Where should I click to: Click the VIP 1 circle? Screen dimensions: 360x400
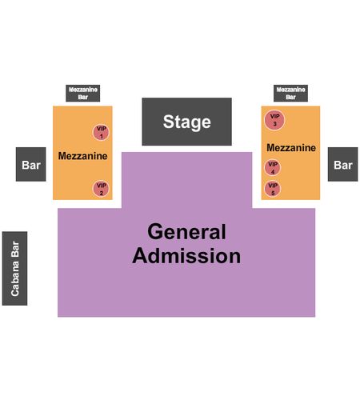click(101, 132)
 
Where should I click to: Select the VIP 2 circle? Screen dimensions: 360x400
click(101, 189)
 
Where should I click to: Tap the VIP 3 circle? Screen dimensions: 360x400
click(274, 120)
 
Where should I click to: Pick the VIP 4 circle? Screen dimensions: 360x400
click(273, 168)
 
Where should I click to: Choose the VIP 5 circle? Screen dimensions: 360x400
click(273, 189)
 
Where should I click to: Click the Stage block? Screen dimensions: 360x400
click(186, 122)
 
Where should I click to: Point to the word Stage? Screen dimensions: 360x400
click(187, 122)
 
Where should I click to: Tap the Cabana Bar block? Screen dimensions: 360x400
click(14, 268)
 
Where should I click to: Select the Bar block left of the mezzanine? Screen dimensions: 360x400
click(31, 164)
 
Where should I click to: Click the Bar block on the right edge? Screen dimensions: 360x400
click(343, 164)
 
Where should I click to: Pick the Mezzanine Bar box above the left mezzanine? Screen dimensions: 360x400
click(83, 94)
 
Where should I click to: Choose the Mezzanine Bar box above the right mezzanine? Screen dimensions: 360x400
click(290, 94)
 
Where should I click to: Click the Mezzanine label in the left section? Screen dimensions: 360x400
click(83, 156)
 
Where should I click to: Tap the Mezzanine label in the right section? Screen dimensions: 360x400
click(291, 148)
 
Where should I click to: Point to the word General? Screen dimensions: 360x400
click(186, 232)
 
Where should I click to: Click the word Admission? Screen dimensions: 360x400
click(186, 256)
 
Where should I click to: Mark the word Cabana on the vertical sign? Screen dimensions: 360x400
click(15, 279)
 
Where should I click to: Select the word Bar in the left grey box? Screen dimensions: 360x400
click(31, 165)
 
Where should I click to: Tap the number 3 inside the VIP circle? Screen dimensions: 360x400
click(274, 124)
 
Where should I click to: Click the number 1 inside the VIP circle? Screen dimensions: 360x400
click(102, 137)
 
